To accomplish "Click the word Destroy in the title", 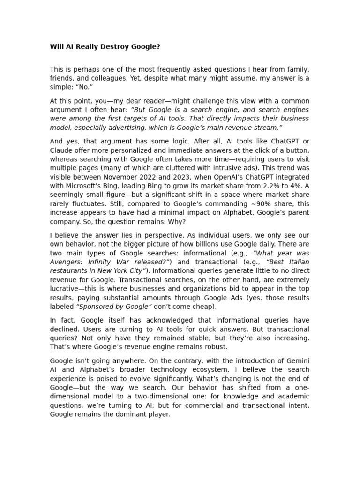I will (109, 47).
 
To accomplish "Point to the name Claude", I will (61, 150).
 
